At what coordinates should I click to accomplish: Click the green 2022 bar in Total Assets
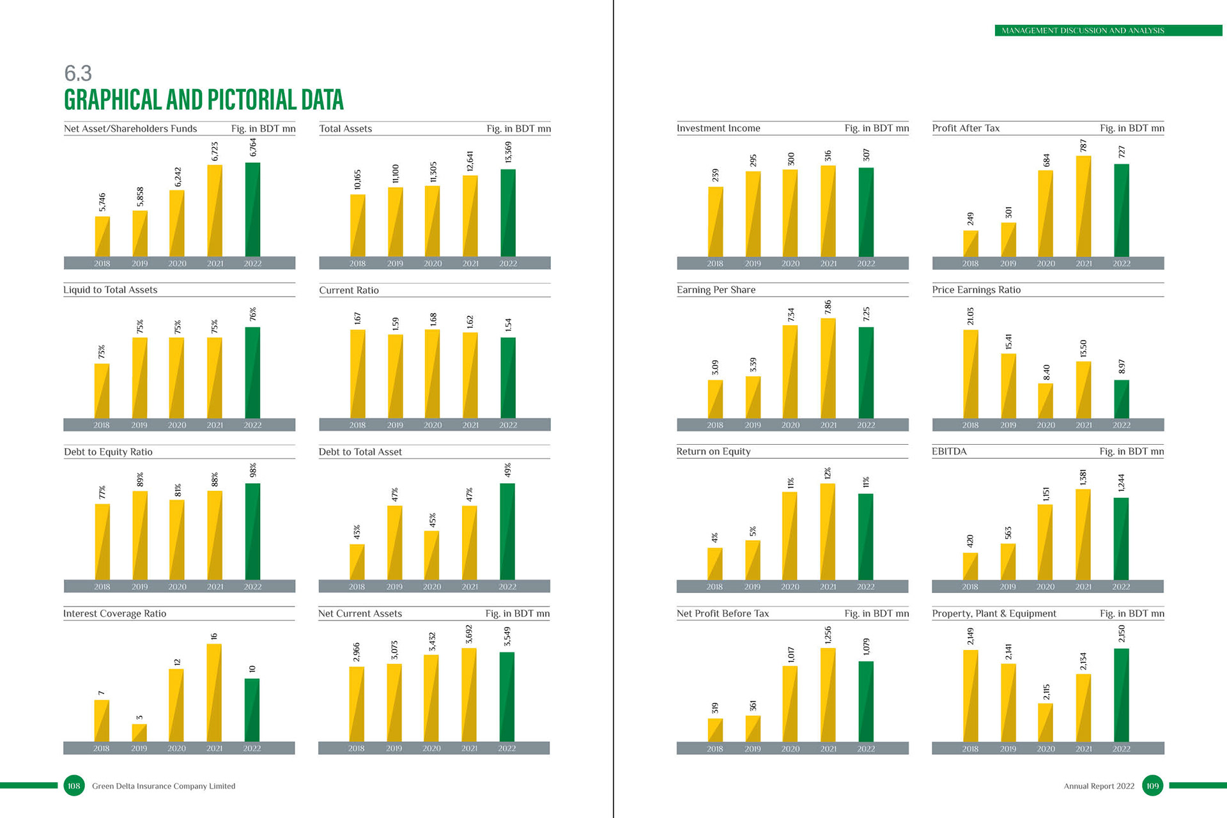pyautogui.click(x=508, y=213)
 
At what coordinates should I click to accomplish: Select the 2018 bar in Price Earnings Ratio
pyautogui.click(x=970, y=374)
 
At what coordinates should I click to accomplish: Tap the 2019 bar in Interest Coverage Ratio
pyautogui.click(x=139, y=733)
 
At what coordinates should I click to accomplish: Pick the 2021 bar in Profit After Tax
pyautogui.click(x=1084, y=206)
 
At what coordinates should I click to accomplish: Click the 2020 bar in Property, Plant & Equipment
pyautogui.click(x=1046, y=723)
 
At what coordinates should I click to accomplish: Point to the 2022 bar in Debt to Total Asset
pyautogui.click(x=507, y=532)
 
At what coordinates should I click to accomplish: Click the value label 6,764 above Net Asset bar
pyautogui.click(x=253, y=148)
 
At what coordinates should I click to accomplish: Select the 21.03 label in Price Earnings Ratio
pyautogui.click(x=970, y=316)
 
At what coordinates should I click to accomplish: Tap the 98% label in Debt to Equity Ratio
pyautogui.click(x=253, y=470)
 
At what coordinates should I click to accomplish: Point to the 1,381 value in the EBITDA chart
pyautogui.click(x=1083, y=477)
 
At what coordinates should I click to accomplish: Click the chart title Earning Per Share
pyautogui.click(x=716, y=290)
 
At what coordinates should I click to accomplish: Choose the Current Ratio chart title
pyautogui.click(x=349, y=291)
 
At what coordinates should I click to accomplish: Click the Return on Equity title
pyautogui.click(x=713, y=452)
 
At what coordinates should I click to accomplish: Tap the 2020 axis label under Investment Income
pyautogui.click(x=791, y=263)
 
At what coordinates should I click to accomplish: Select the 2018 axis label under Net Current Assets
pyautogui.click(x=356, y=748)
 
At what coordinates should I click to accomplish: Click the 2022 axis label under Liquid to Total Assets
pyautogui.click(x=252, y=425)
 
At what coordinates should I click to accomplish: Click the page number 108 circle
pyautogui.click(x=74, y=786)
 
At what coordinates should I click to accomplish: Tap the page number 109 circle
pyautogui.click(x=1152, y=786)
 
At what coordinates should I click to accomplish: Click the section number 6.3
pyautogui.click(x=78, y=73)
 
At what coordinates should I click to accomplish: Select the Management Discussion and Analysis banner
pyautogui.click(x=1108, y=31)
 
